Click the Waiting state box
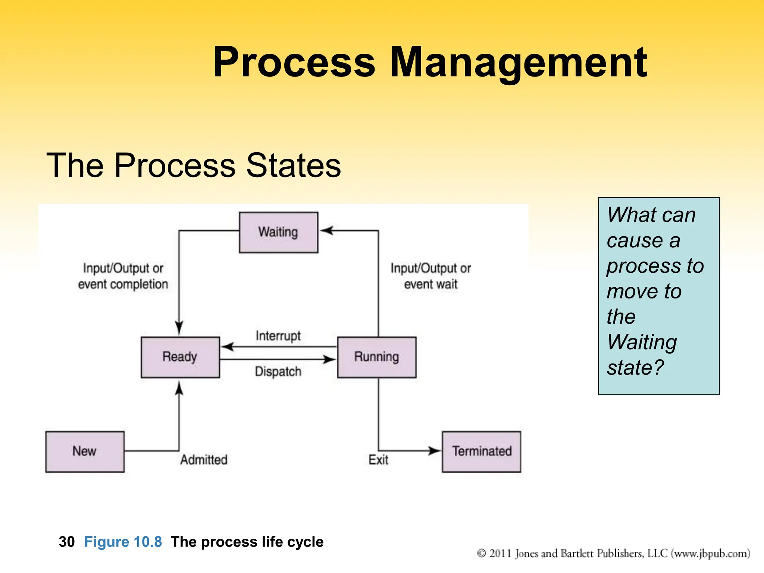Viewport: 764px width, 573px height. [x=278, y=232]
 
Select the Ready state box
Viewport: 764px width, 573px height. [x=180, y=357]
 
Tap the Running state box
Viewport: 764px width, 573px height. [x=376, y=357]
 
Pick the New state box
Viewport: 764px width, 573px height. [x=85, y=451]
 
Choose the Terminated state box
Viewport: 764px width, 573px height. [x=481, y=451]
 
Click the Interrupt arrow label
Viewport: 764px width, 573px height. [x=278, y=336]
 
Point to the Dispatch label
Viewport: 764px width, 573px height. [x=278, y=372]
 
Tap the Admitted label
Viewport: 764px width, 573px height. [x=204, y=460]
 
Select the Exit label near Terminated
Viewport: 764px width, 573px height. [x=378, y=460]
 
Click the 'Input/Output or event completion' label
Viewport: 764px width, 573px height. [x=123, y=276]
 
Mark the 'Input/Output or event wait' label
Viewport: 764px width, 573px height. [x=430, y=276]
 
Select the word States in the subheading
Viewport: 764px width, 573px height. [x=293, y=165]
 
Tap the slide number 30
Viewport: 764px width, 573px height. [x=67, y=542]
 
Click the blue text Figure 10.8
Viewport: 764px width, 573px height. [x=123, y=542]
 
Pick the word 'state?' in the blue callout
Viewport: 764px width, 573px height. [x=635, y=367]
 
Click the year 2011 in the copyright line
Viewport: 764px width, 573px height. [x=500, y=553]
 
